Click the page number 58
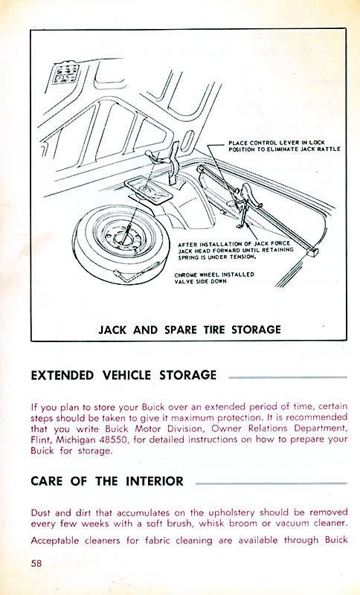coord(38,562)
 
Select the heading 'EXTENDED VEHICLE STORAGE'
coord(123,375)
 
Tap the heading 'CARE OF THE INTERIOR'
coord(107,481)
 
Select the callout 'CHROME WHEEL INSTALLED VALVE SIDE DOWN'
coord(213,277)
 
